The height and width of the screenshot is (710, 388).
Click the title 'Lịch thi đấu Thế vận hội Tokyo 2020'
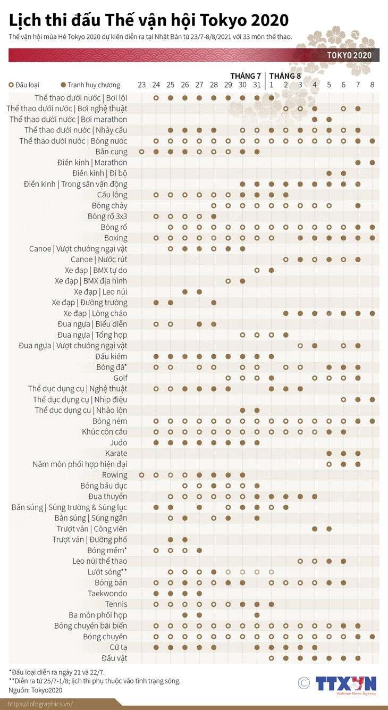pos(149,20)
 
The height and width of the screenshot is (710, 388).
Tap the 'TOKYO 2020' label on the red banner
pos(349,55)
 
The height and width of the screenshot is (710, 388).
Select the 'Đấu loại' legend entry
pos(24,85)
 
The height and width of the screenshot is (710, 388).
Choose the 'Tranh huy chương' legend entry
pos(90,85)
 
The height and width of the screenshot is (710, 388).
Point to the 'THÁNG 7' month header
pos(246,76)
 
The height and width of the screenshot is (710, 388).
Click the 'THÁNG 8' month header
pos(285,76)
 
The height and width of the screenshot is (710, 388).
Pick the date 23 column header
pos(141,85)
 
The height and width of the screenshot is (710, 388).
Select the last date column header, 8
pos(372,85)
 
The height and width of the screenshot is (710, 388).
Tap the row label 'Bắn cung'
pos(111,152)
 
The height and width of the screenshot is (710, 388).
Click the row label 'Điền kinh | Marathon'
pos(92,162)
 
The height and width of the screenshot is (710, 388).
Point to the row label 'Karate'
pos(116,453)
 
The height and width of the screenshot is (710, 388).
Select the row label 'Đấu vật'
pos(114,658)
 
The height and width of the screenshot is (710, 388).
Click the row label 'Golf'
pos(120,378)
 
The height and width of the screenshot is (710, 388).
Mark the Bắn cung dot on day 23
pos(141,152)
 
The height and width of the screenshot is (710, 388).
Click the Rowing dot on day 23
pos(141,475)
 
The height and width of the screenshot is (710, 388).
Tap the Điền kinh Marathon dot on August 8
pos(372,162)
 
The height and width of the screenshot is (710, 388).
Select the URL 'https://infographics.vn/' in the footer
pos(40,704)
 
